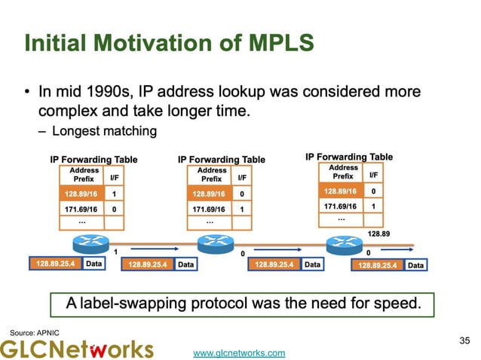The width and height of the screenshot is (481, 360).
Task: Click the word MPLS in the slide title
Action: click(274, 44)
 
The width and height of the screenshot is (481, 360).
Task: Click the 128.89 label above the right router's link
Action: click(378, 233)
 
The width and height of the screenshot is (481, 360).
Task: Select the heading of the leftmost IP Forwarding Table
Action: click(93, 160)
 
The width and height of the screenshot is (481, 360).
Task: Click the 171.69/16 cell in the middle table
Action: click(209, 209)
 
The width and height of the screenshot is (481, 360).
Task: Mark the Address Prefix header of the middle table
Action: click(212, 175)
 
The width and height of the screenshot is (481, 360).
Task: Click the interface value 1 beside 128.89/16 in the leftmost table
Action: click(114, 193)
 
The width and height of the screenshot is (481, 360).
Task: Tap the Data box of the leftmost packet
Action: click(94, 264)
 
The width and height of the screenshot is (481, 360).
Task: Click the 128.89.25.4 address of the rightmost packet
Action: click(378, 265)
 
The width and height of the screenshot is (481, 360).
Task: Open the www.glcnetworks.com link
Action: click(240, 352)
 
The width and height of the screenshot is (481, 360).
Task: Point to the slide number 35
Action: click(464, 341)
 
